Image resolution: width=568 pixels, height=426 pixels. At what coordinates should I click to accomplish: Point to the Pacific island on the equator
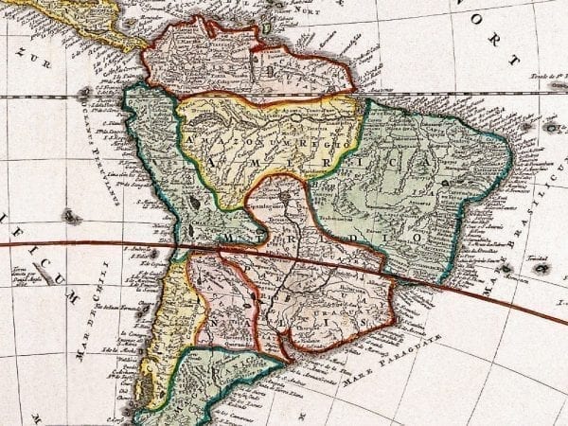(x=83, y=92)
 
